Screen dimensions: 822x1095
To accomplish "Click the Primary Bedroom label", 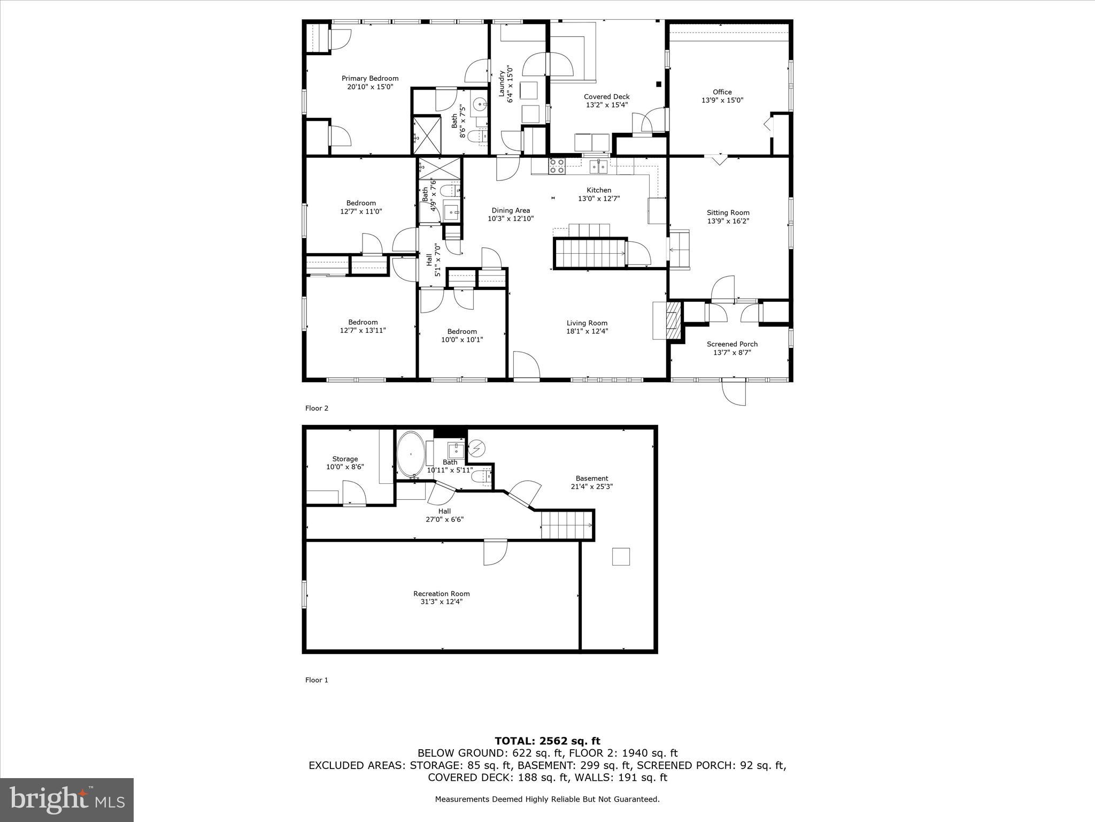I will coord(370,78).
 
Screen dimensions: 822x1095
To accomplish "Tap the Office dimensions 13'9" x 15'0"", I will coord(722,100).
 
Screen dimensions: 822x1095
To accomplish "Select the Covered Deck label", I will coord(606,97).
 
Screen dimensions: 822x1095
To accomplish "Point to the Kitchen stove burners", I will coord(557,166).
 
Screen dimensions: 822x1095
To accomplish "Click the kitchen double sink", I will coord(598,167).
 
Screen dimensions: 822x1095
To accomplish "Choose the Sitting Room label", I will coord(728,212).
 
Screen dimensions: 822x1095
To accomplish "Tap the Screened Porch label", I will coord(732,344).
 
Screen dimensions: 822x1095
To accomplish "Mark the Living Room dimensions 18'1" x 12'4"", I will coord(587,331).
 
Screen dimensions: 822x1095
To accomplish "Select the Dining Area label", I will coord(511,210).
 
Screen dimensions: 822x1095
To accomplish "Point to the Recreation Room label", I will coord(441,593).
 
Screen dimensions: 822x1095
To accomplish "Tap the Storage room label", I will coord(345,459).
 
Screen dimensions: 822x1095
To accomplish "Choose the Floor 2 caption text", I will coord(317,408).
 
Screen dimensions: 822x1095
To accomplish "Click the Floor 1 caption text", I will coord(317,680).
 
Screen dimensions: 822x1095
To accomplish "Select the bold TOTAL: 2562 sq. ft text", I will coord(547,741).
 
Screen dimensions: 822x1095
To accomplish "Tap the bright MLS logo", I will coord(67,800).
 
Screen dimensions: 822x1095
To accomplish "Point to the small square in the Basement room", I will coord(621,557).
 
